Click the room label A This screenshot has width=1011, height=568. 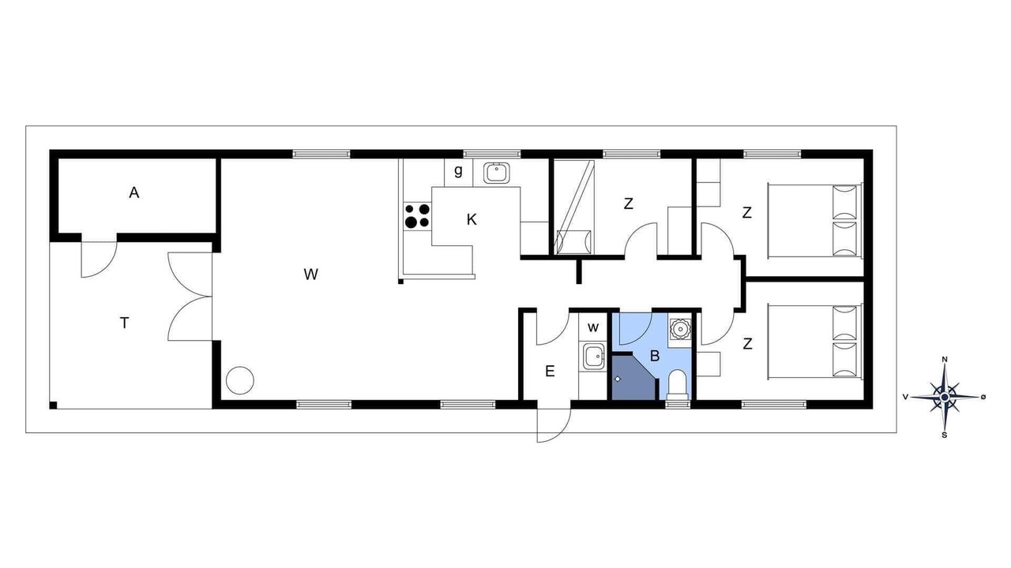(x=134, y=193)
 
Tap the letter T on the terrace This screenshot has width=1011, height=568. (x=125, y=323)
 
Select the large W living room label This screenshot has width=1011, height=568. (x=311, y=274)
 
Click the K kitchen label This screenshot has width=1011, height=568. (x=472, y=220)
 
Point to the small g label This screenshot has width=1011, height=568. (x=459, y=171)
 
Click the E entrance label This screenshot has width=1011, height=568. (x=550, y=372)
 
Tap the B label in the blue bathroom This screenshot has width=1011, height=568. (x=655, y=356)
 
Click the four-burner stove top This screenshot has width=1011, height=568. (x=418, y=216)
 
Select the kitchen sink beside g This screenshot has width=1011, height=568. (x=497, y=173)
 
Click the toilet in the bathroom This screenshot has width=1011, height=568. (x=678, y=386)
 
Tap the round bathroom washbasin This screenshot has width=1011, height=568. (x=680, y=328)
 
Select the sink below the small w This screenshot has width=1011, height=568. (x=593, y=357)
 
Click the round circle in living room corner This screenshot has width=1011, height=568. (x=239, y=381)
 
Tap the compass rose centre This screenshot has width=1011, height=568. (x=945, y=397)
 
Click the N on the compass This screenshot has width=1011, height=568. (x=944, y=359)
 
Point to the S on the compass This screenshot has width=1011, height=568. (x=944, y=435)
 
